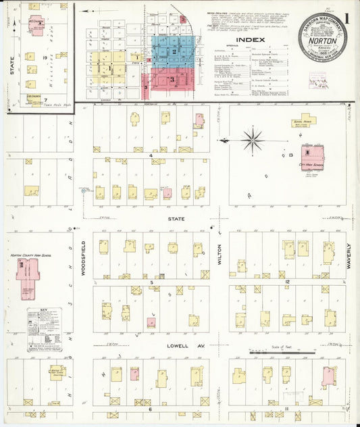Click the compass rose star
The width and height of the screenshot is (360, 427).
pos(253,141)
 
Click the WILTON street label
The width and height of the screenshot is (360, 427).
pos(220,249)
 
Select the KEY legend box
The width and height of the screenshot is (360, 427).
pos(44,329)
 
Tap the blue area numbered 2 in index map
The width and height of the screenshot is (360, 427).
pos(174,51)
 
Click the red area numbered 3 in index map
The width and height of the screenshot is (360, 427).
pos(172,80)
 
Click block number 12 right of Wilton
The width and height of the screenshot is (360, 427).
pos(286,280)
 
